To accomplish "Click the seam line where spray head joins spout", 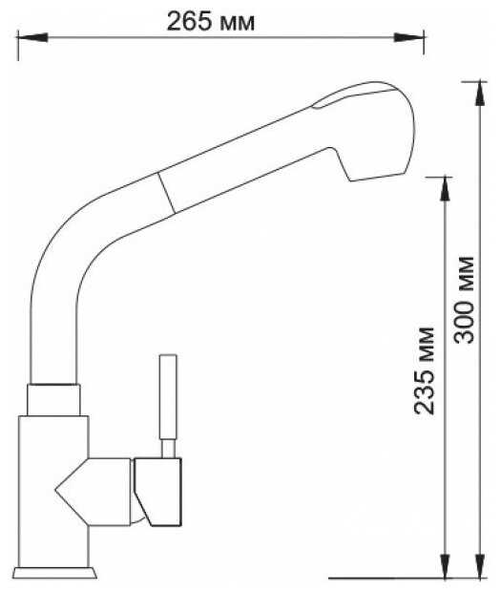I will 165,195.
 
